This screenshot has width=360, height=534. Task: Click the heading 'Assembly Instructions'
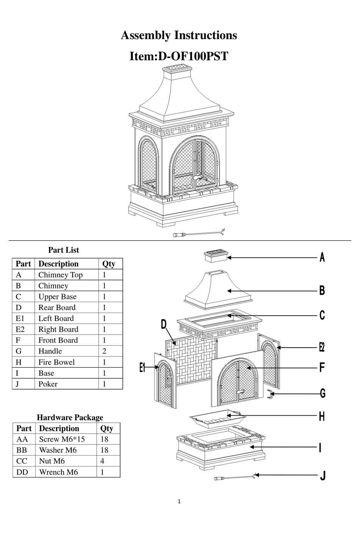[x=179, y=35]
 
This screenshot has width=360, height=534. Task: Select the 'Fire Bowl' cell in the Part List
[x=56, y=362]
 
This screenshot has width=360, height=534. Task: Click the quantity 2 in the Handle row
[x=105, y=351]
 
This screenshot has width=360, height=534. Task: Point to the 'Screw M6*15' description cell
[x=62, y=439]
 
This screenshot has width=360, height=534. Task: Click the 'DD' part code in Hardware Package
[x=22, y=472]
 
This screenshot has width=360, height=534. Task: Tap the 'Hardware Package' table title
[x=70, y=417]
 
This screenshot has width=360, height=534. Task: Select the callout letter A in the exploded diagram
[x=322, y=257]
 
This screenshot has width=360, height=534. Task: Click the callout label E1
[x=142, y=367]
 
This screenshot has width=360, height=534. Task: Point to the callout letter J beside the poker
[x=322, y=475]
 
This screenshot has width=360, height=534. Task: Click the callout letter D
[x=163, y=324]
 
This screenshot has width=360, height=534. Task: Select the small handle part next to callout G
[x=270, y=394]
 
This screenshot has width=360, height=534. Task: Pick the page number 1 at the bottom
[x=179, y=501]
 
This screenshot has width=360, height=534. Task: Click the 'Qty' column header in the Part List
[x=109, y=264]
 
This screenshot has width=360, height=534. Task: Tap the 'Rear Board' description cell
[x=57, y=307]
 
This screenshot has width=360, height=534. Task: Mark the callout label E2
[x=322, y=347]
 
